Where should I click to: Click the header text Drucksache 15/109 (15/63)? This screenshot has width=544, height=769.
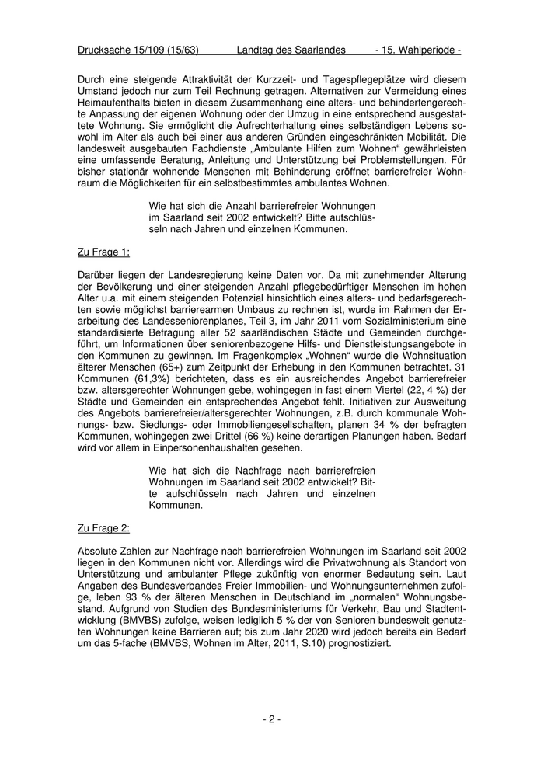click(138, 50)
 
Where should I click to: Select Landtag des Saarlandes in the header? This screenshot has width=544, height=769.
click(291, 50)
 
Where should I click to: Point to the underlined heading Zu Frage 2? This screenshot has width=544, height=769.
click(104, 528)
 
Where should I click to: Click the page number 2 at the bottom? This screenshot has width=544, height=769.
click(271, 719)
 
